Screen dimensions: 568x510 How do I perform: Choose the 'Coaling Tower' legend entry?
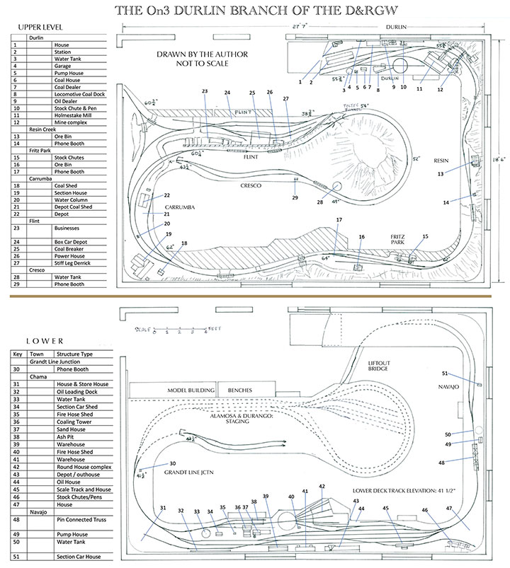75,421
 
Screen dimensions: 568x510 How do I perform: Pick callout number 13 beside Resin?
441,173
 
